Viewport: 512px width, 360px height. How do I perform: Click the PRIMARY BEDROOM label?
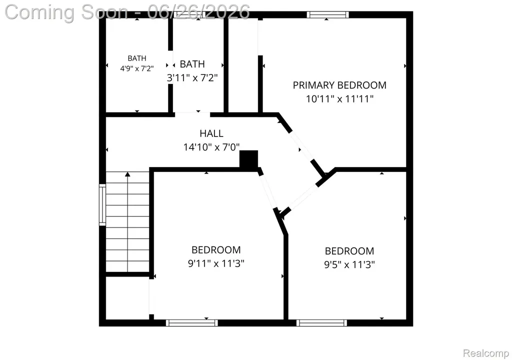click(339, 85)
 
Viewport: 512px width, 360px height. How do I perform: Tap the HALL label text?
click(211, 133)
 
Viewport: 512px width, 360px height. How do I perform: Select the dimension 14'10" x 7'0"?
click(211, 147)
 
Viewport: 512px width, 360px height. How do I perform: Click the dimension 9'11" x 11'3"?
click(216, 263)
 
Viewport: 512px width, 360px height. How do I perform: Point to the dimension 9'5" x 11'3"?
click(349, 264)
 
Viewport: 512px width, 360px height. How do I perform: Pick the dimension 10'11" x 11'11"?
click(339, 98)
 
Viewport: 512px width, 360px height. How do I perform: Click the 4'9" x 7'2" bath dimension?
click(137, 68)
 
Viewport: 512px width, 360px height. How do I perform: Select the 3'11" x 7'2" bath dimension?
click(192, 77)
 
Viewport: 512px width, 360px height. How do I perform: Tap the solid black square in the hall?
click(249, 159)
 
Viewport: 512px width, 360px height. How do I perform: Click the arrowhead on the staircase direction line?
click(127, 174)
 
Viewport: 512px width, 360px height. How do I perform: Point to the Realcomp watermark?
click(486, 353)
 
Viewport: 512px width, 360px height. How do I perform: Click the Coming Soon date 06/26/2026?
click(198, 12)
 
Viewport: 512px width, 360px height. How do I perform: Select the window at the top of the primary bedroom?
click(328, 14)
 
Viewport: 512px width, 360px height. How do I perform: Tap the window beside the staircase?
click(102, 205)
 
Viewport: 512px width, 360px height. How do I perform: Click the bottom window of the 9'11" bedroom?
click(191, 323)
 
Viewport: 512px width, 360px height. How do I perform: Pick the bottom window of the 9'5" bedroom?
click(321, 323)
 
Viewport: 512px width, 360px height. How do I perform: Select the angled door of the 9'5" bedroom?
click(303, 197)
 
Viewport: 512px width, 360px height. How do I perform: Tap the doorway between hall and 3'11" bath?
click(192, 114)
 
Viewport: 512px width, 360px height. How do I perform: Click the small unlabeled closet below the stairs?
click(127, 297)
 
